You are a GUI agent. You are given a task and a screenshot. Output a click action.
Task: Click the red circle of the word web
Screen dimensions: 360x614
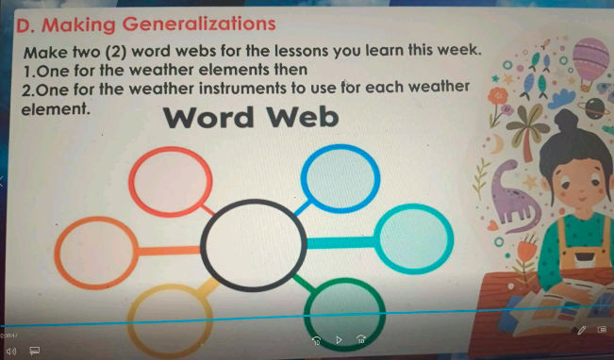point(165,184)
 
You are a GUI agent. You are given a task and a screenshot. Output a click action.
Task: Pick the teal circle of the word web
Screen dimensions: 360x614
point(414,234)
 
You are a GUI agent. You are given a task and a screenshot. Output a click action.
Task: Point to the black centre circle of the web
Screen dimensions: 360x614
point(251,247)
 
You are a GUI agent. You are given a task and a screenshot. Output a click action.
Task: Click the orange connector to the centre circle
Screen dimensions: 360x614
point(168,252)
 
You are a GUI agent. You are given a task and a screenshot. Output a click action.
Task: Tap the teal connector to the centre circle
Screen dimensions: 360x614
point(340,242)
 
